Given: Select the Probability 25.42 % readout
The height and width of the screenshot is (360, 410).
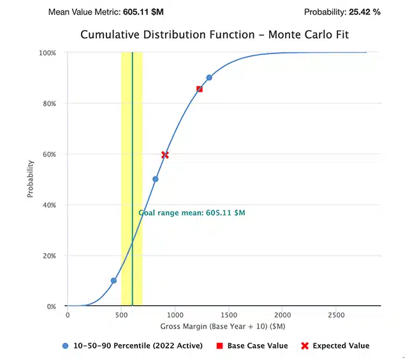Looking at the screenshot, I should pos(342,11).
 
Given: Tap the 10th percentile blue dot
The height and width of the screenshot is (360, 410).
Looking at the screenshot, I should pos(113,280).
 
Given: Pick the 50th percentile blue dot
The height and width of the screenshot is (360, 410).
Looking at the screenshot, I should pos(155,179).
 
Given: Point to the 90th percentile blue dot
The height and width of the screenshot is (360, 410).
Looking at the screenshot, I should pos(209,78).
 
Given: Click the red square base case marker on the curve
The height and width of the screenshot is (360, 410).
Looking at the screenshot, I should pos(200,89).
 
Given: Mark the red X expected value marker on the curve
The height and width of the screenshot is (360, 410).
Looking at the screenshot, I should pos(165,155).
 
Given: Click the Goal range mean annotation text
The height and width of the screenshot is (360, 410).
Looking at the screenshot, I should pos(191,213).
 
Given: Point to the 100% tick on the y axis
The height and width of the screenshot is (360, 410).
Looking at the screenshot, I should pos(48,53).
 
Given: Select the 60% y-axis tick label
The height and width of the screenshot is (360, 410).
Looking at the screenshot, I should pos(50,154).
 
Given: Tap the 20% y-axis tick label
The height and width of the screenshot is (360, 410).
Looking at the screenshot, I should pos(50,256).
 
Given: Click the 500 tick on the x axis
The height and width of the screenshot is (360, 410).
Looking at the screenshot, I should pos(121,315).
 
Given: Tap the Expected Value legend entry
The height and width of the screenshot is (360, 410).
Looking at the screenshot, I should pos(335,346).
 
